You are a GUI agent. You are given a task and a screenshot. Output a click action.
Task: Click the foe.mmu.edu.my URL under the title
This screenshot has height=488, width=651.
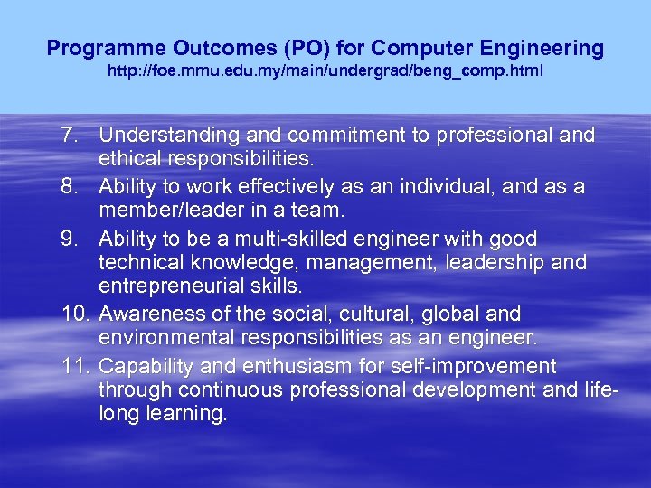325,70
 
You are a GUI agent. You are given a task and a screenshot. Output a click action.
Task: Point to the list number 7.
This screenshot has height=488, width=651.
69,136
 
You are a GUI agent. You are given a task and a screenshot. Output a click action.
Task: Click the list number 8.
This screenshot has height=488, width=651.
69,187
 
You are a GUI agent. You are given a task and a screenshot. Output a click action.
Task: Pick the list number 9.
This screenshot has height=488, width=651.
69,239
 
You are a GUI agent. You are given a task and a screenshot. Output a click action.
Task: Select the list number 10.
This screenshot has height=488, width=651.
73,314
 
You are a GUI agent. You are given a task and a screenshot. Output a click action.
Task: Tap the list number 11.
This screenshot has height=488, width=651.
73,366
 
